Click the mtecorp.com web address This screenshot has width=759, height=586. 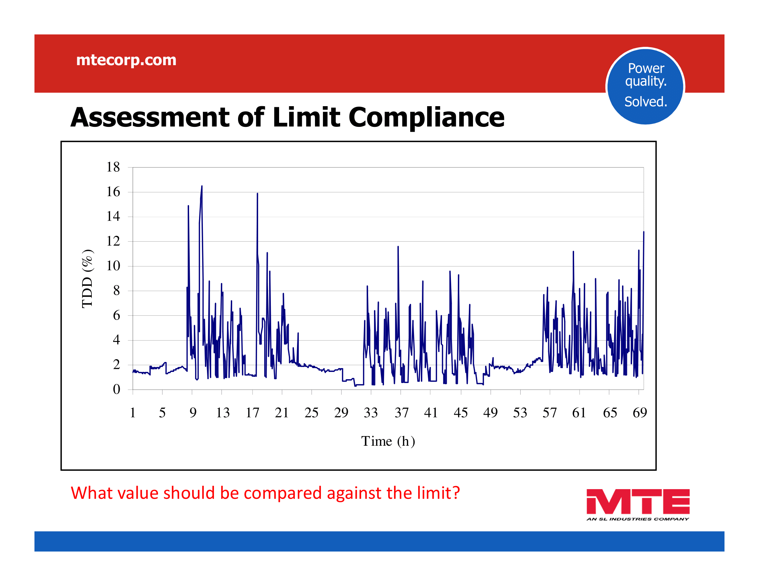(126, 60)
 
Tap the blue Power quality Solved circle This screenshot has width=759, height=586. (645, 86)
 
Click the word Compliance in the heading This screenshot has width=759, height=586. (426, 117)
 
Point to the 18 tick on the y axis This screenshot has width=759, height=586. (113, 167)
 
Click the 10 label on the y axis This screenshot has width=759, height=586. (113, 266)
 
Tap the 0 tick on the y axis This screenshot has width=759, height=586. (116, 389)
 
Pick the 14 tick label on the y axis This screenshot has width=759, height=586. (113, 216)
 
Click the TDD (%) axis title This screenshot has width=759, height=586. (87, 279)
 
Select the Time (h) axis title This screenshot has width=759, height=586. (388, 441)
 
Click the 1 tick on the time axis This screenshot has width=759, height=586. (132, 412)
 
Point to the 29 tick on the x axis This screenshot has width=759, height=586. (341, 412)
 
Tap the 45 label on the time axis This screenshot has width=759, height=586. (461, 412)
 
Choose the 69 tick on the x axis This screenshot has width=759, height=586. (639, 412)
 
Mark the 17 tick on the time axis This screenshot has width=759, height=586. (252, 412)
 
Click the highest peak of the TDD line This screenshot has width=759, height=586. (201, 186)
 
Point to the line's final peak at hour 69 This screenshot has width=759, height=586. (643, 232)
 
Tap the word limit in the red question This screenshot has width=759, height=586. (435, 493)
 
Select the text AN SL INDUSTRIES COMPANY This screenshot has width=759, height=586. (637, 519)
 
